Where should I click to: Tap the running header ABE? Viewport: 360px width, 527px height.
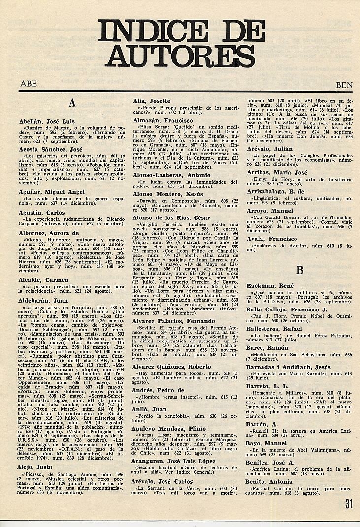pyautogui.click(x=28, y=84)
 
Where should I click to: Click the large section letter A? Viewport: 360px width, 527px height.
pyautogui.click(x=72, y=103)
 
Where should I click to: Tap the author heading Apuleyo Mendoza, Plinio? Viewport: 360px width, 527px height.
pyautogui.click(x=170, y=429)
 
